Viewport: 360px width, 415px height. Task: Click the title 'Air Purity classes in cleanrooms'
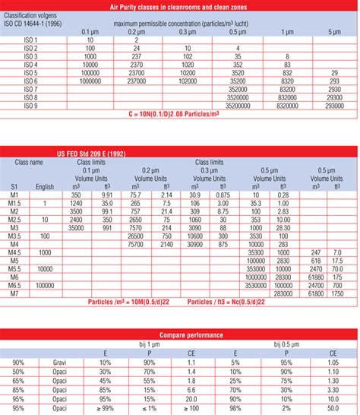(x=179, y=6)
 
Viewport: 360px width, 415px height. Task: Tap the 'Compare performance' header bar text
(x=180, y=334)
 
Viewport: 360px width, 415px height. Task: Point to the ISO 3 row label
(x=30, y=56)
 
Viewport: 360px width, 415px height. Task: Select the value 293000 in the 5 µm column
(x=333, y=107)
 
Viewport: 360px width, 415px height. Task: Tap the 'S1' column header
(x=14, y=186)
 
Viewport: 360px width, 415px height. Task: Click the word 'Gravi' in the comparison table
(x=61, y=362)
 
